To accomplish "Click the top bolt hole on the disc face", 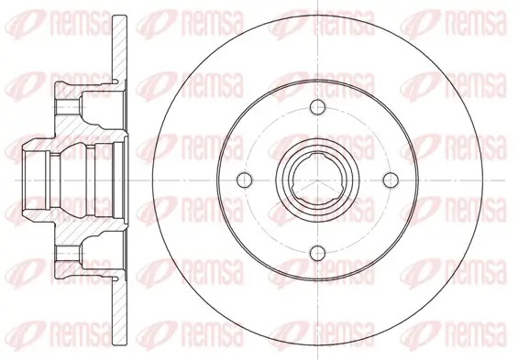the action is (x=317, y=107).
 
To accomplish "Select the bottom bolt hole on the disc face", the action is (x=317, y=253).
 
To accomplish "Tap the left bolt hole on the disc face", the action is (x=245, y=180).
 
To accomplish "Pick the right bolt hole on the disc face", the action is (x=391, y=180).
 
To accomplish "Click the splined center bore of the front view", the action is (x=317, y=180).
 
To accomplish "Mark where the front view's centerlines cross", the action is (x=317, y=180).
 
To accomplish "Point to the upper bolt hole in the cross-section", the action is (x=69, y=107).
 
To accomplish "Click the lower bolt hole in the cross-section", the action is (x=69, y=253).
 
